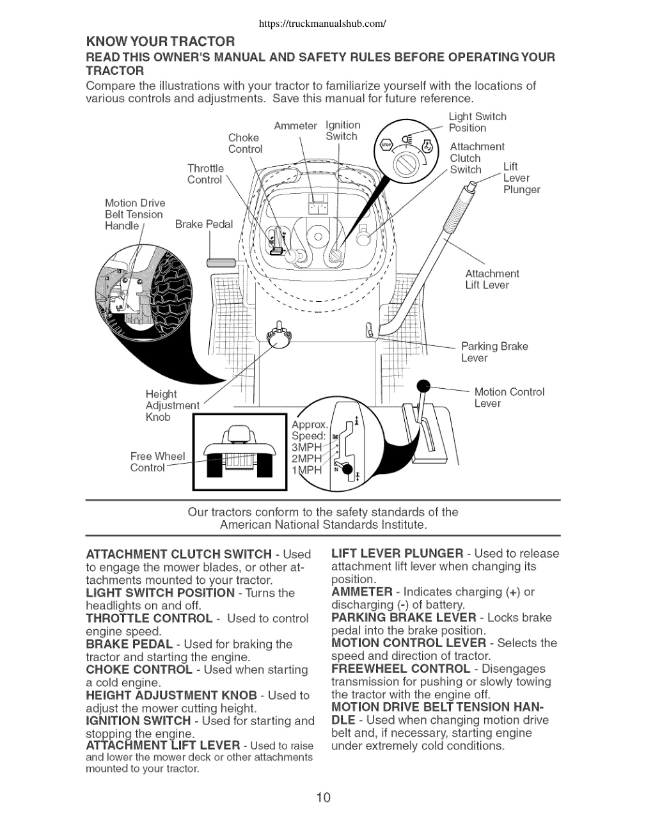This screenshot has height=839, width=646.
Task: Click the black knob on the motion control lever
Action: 423,386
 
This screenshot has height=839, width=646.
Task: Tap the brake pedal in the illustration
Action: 221,263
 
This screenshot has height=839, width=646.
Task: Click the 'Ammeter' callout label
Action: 295,126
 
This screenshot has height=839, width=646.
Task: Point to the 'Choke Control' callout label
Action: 245,143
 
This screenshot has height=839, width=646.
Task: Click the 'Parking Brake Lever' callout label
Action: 494,352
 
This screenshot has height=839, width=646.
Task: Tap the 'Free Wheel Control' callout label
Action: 157,462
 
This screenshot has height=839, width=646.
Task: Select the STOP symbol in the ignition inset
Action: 386,145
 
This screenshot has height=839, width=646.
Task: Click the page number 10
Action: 324,797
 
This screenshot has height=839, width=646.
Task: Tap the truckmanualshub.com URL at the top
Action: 322,24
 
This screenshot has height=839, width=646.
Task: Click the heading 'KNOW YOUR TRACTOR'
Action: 161,42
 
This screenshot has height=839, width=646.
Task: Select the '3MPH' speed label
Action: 306,447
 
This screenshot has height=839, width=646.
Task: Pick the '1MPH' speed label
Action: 306,470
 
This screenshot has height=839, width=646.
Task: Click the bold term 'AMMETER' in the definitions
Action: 362,592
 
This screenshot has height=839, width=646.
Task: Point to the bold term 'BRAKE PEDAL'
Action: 129,644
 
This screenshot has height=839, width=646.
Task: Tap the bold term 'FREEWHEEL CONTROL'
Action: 401,668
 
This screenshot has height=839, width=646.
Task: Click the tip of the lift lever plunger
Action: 472,187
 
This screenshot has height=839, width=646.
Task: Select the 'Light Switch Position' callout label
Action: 477,122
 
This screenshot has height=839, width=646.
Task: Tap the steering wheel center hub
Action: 318,237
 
